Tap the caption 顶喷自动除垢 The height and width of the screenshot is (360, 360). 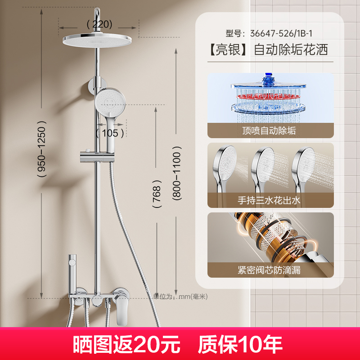coord(270,131)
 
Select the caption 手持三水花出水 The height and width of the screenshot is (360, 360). coord(270,201)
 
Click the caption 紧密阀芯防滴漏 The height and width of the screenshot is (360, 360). coord(270,270)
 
